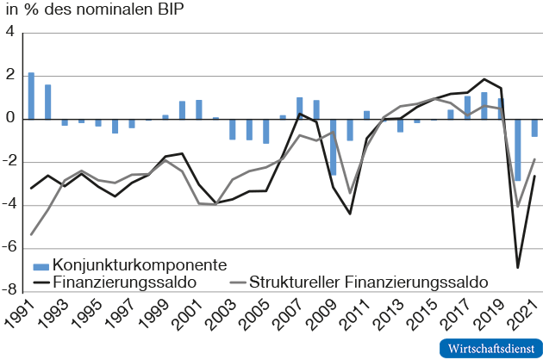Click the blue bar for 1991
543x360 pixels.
pyautogui.click(x=32, y=96)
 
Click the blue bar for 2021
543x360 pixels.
pyautogui.click(x=534, y=128)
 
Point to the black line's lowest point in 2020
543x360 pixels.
pyautogui.click(x=518, y=268)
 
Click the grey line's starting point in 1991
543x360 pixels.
pyautogui.click(x=32, y=234)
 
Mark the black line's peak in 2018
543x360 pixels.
pyautogui.click(x=484, y=79)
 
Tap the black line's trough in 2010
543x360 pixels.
pyautogui.click(x=350, y=214)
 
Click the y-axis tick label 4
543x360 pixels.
pyautogui.click(x=11, y=33)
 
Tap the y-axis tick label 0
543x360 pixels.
pyautogui.click(x=11, y=119)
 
